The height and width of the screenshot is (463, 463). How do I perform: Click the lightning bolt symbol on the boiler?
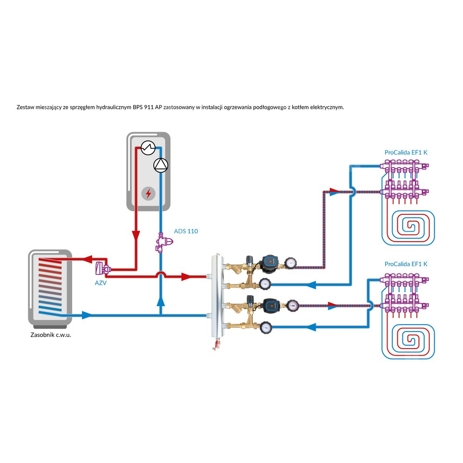pyautogui.click(x=148, y=193)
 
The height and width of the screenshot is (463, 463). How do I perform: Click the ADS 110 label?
pyautogui.click(x=186, y=231)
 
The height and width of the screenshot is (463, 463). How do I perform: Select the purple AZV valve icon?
pyautogui.click(x=101, y=269)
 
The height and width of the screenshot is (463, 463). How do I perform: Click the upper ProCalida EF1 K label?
pyautogui.click(x=406, y=152)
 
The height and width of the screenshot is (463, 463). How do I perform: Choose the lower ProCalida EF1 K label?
pyautogui.click(x=406, y=264)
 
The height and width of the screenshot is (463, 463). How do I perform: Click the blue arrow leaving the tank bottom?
pyautogui.click(x=87, y=315)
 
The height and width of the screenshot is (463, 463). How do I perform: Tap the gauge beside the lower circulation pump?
pyautogui.click(x=293, y=305)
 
